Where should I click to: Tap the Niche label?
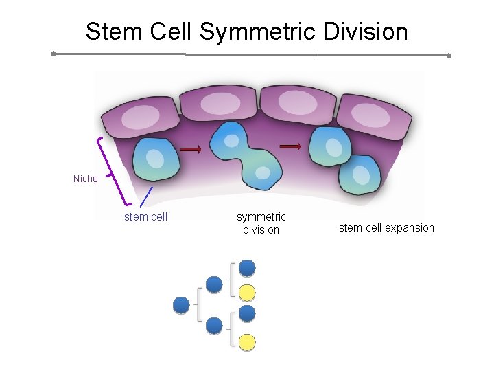86,179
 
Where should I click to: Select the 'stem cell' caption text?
145,217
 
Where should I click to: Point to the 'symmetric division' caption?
261,223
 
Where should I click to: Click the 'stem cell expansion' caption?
386,227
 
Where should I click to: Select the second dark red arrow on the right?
291,146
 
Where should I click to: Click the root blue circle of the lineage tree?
182,304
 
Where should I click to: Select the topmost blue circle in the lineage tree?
247,268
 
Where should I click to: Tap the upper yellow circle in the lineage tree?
247,293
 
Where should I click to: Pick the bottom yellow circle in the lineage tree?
247,341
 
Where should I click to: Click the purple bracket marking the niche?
110,172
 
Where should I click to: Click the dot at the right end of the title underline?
448,55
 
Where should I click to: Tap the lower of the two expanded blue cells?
360,175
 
